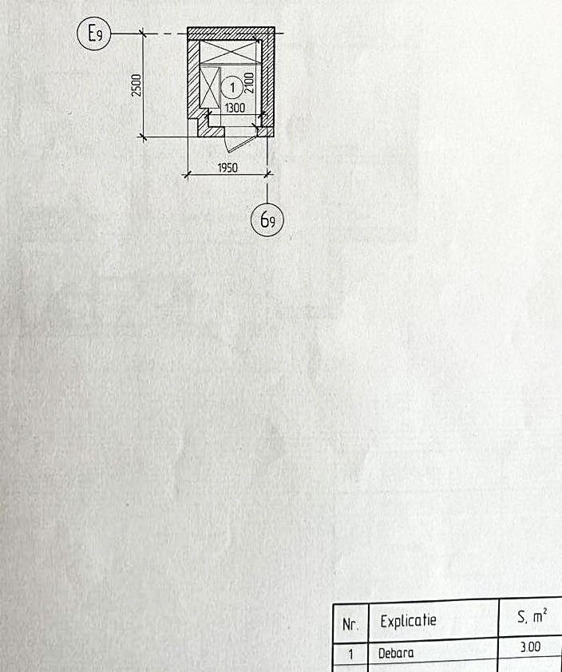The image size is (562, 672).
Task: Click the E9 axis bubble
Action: [94, 33]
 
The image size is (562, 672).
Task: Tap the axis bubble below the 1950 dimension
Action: [267, 219]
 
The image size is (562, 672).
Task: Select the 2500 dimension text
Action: [137, 85]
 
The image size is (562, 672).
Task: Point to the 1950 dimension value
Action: [228, 168]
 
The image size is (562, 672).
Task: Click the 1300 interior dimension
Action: [235, 108]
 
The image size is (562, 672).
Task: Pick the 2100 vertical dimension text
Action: [249, 83]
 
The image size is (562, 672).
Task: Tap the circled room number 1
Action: [232, 88]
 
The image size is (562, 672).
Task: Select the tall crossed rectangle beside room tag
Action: [210, 88]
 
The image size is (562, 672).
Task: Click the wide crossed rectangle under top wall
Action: [228, 52]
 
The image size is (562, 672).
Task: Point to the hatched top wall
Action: [231, 34]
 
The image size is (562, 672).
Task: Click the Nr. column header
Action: [350, 624]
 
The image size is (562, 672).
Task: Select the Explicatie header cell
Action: [408, 621]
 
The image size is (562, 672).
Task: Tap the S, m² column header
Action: [532, 616]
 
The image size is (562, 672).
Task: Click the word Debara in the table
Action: [396, 653]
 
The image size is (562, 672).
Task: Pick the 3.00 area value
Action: [530, 646]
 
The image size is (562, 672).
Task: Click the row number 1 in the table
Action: [350, 654]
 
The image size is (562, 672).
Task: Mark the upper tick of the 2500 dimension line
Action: [143, 33]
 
